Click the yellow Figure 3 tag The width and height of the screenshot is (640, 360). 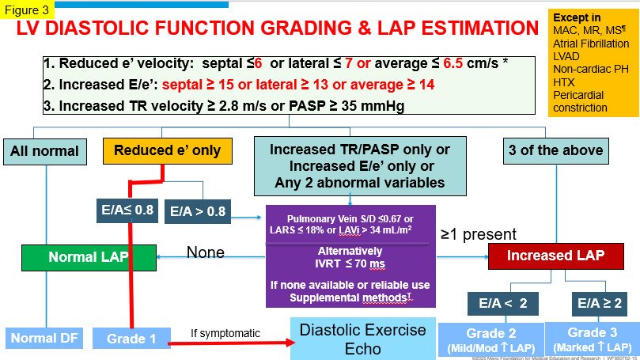point(27,9)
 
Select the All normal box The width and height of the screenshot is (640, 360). point(44,151)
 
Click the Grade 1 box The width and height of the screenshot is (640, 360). point(131,339)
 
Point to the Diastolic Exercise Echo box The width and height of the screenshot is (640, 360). point(362,339)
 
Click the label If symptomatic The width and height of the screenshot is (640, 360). point(225,333)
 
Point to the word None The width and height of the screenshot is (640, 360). point(206,252)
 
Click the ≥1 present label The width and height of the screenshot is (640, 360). point(478,234)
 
